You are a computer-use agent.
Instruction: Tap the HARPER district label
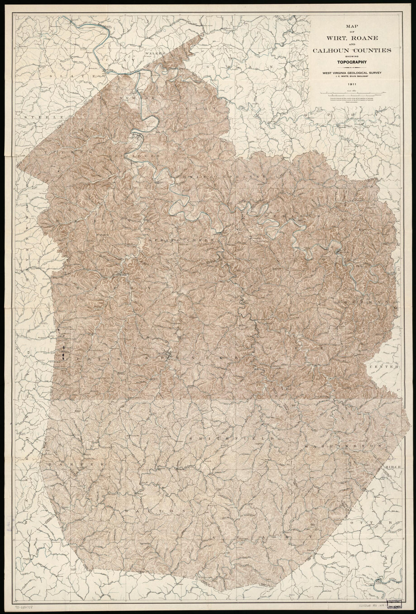(x=68, y=463)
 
